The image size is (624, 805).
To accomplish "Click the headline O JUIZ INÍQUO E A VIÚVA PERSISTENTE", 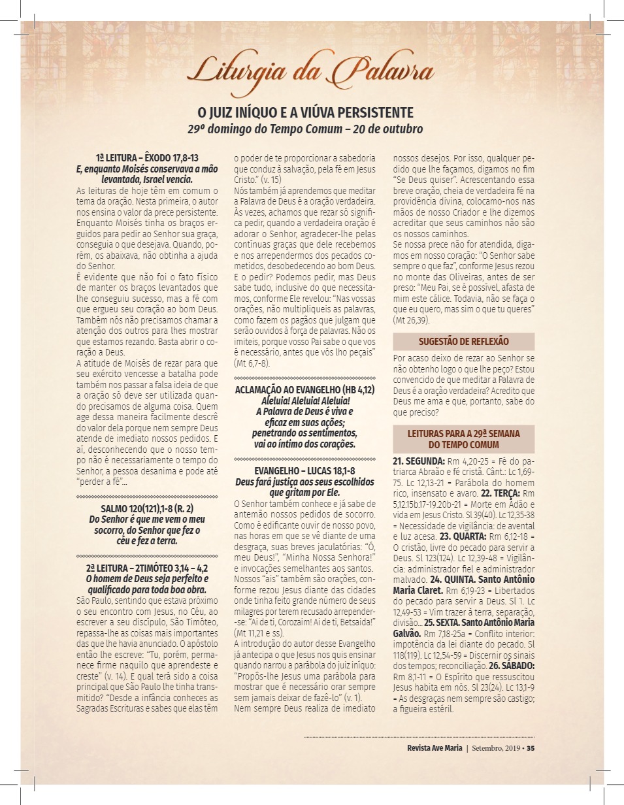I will click(x=306, y=112).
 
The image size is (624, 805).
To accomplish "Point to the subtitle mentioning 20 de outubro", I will click(x=306, y=129).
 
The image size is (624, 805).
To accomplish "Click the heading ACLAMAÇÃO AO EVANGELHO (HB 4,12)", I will click(x=304, y=389).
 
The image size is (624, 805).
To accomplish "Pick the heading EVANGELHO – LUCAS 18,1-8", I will click(x=304, y=470).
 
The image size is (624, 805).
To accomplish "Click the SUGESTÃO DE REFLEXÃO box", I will click(x=463, y=342).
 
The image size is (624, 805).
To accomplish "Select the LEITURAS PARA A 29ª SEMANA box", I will click(x=463, y=438).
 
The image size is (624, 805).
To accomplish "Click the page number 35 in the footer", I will click(x=531, y=748).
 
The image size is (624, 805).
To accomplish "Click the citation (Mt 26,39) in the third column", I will click(x=412, y=321).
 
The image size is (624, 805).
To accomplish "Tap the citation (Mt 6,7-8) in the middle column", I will click(x=252, y=363).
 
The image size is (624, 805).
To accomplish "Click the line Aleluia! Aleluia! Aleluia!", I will click(x=304, y=400).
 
